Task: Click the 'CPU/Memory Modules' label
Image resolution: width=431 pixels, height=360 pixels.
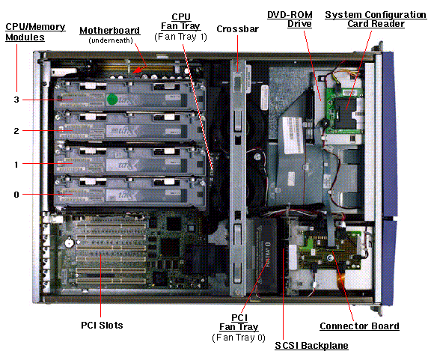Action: (x=35, y=32)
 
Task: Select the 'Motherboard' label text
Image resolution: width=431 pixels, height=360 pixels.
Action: (x=110, y=30)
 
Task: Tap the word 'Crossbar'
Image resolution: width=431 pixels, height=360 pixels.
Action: (x=237, y=29)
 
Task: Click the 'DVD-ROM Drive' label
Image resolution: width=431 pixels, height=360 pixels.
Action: (x=290, y=19)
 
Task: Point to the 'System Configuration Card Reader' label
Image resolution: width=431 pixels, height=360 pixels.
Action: (x=376, y=19)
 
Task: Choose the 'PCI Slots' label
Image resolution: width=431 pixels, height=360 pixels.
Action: (x=102, y=326)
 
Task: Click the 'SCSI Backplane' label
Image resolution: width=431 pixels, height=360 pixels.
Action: (x=312, y=346)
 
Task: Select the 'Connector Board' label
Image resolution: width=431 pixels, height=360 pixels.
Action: (x=359, y=326)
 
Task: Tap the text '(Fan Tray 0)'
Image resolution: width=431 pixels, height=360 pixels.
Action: (x=239, y=338)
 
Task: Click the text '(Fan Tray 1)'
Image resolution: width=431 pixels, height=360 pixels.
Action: (x=180, y=37)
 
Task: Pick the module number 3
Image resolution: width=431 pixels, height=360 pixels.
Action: (x=16, y=100)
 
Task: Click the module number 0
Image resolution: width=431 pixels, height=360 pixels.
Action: (x=16, y=195)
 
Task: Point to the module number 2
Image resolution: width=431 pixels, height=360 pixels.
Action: (x=16, y=131)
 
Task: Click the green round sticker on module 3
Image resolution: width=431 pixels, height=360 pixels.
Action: (x=112, y=100)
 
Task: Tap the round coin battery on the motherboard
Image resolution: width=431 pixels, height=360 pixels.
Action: (x=69, y=242)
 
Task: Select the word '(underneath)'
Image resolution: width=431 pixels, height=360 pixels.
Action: (x=111, y=40)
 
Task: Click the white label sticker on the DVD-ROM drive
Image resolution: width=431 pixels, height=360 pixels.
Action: (x=293, y=135)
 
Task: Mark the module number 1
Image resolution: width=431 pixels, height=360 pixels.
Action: (x=16, y=165)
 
